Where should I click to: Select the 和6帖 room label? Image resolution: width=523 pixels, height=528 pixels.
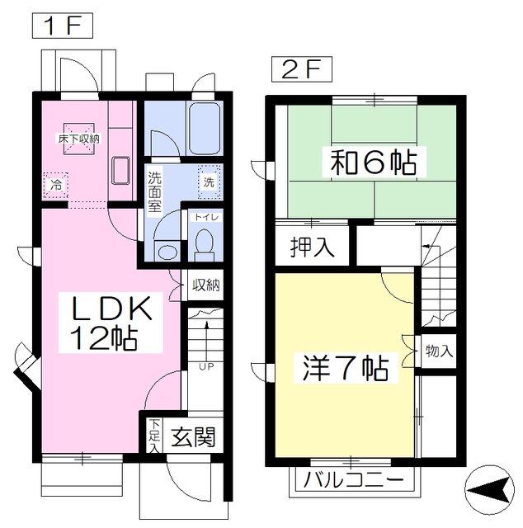(x=373, y=162)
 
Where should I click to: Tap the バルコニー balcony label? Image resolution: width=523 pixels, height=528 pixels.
(x=353, y=480)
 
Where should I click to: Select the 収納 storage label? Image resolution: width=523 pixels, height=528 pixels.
(x=205, y=286)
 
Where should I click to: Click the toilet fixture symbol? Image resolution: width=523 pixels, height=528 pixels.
(x=204, y=242)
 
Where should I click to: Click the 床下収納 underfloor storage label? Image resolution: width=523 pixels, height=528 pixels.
(x=78, y=139)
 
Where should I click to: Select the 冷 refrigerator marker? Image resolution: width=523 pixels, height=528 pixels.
(x=56, y=184)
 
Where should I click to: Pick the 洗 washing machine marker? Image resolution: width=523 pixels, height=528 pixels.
(x=209, y=181)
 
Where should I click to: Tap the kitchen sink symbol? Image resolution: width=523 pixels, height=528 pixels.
(x=120, y=169)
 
